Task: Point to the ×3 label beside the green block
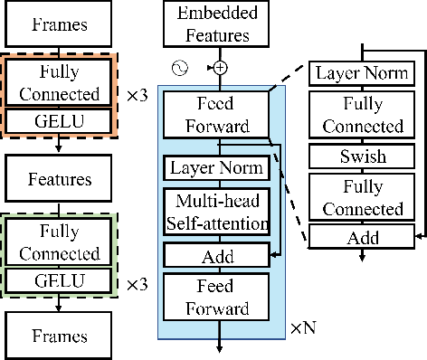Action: tap(136, 285)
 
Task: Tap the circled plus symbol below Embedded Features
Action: tap(219, 67)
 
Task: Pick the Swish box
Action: tap(362, 156)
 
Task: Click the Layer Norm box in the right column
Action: tap(362, 73)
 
